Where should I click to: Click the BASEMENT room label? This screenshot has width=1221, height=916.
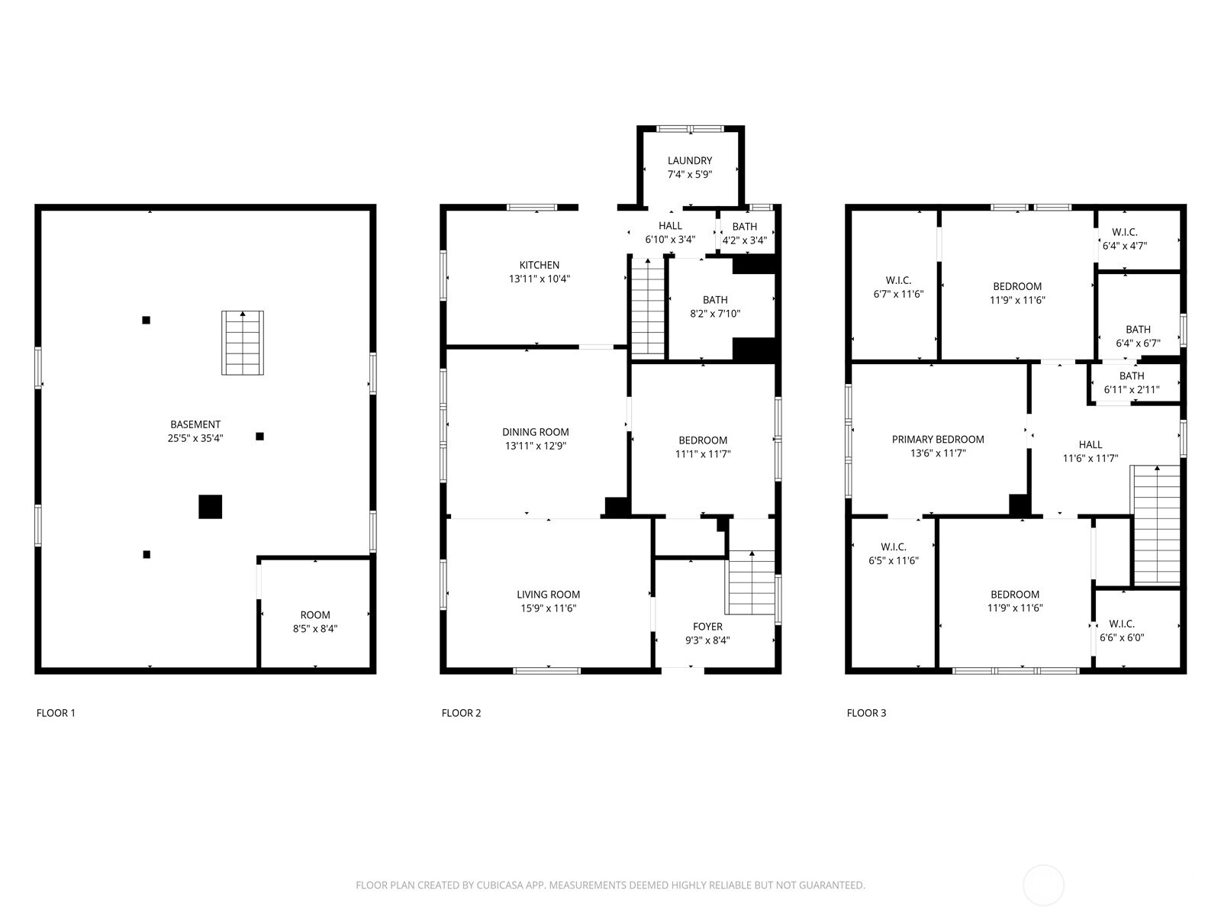tap(195, 424)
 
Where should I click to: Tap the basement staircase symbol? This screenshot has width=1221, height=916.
tap(243, 343)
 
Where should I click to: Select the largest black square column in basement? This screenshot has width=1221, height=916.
tap(211, 507)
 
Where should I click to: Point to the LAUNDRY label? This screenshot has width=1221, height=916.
tap(690, 160)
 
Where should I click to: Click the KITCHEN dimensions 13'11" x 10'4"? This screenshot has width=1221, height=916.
tap(540, 279)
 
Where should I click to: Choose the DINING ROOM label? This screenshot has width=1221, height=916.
tap(536, 431)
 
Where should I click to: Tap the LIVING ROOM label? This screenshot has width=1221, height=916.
tap(549, 594)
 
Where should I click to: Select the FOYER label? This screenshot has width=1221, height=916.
tap(707, 626)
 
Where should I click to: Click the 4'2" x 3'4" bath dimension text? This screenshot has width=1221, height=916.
tap(745, 240)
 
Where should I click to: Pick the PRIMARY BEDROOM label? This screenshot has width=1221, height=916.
tap(938, 440)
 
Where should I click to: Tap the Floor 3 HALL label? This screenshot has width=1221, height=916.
tap(1091, 444)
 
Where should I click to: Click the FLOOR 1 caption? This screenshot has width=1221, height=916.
tap(56, 713)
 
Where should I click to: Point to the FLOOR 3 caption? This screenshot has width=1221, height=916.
tap(866, 713)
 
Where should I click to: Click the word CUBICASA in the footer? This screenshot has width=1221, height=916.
tap(500, 885)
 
